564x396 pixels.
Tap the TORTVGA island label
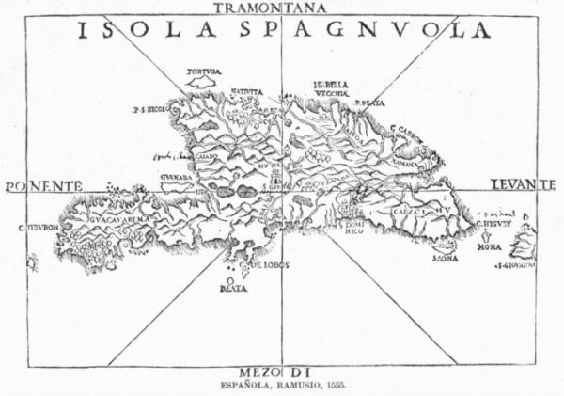click(203, 71)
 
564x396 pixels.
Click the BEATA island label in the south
click(233, 289)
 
